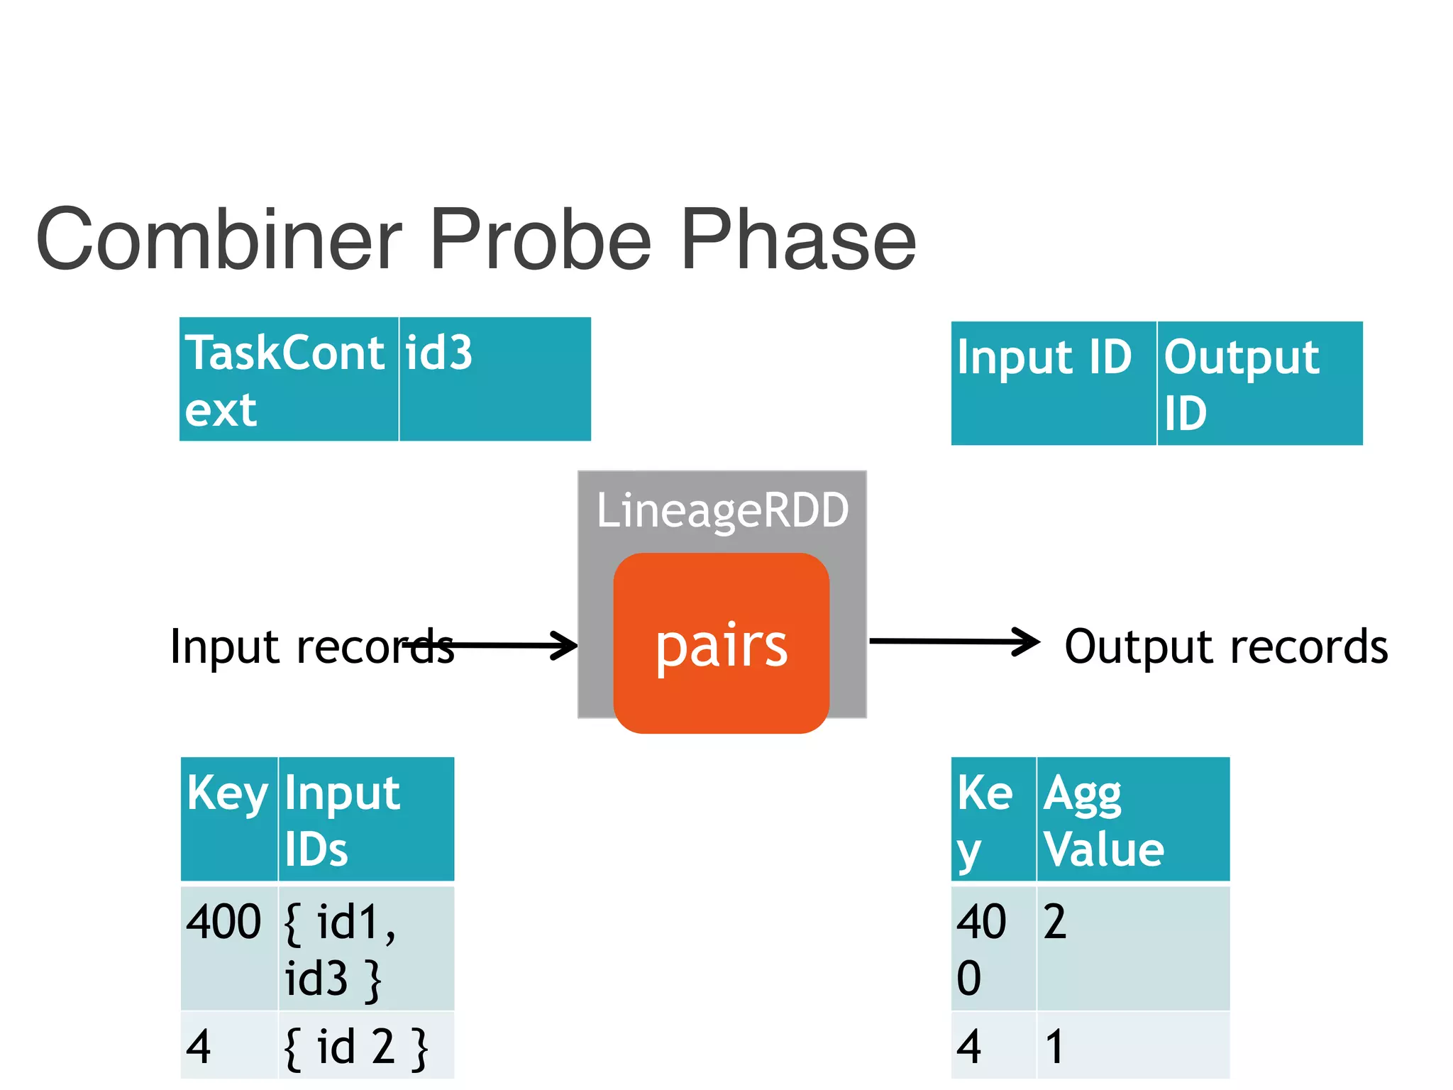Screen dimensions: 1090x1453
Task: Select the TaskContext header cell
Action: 289,380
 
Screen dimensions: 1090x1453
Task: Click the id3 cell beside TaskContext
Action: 495,380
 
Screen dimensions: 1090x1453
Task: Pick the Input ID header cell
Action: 1053,383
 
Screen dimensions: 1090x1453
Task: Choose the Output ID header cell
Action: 1259,383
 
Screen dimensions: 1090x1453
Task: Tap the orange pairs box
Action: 721,644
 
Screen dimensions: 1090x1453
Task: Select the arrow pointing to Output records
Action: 954,642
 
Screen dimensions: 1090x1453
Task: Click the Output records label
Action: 1226,646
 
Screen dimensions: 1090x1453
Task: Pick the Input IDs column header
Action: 365,820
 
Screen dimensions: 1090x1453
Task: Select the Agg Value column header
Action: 1132,820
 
